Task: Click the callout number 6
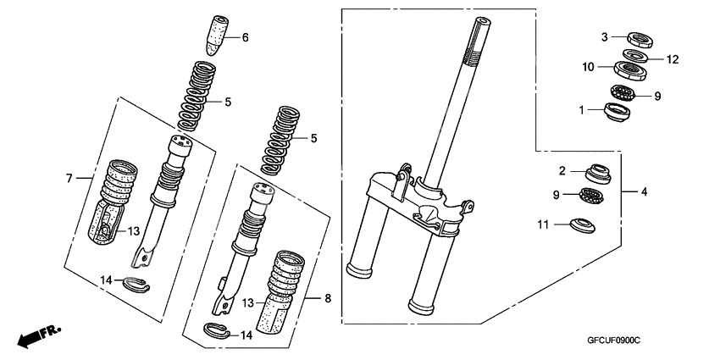tap(246, 37)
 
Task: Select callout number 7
tap(70, 178)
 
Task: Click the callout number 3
tap(606, 36)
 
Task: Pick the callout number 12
tap(673, 59)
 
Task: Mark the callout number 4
tap(644, 192)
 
